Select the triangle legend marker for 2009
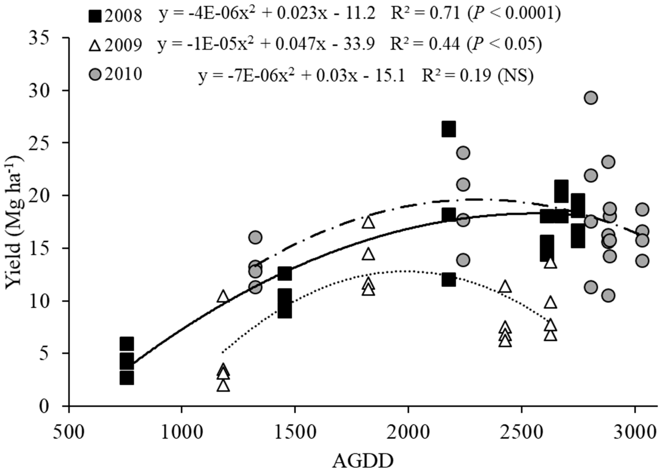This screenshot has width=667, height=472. [x=95, y=45]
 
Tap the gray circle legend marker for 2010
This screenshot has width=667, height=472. [x=95, y=74]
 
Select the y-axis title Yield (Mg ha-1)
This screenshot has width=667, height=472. [x=15, y=221]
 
